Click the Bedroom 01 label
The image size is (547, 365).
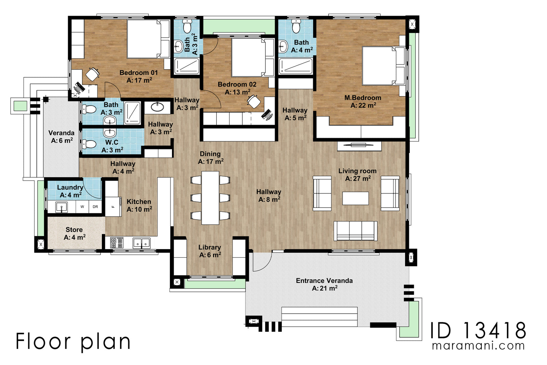(138, 73)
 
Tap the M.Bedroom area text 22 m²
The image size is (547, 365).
(363, 106)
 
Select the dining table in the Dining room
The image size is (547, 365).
(210, 198)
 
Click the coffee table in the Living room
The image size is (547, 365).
(356, 198)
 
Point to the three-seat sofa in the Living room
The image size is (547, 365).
(356, 231)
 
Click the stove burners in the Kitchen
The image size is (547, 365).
(117, 243)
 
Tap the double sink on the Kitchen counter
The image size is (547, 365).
(141, 243)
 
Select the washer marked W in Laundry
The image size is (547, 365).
(82, 207)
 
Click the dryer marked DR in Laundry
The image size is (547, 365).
(95, 207)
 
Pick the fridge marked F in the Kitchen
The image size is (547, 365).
(113, 206)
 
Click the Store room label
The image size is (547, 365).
(74, 230)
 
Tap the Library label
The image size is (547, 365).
(210, 247)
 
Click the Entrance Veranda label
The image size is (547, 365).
(324, 281)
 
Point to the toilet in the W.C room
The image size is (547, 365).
(90, 144)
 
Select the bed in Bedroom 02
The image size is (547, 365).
(249, 57)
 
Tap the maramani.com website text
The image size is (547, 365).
(478, 346)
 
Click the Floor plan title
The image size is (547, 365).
(73, 341)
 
